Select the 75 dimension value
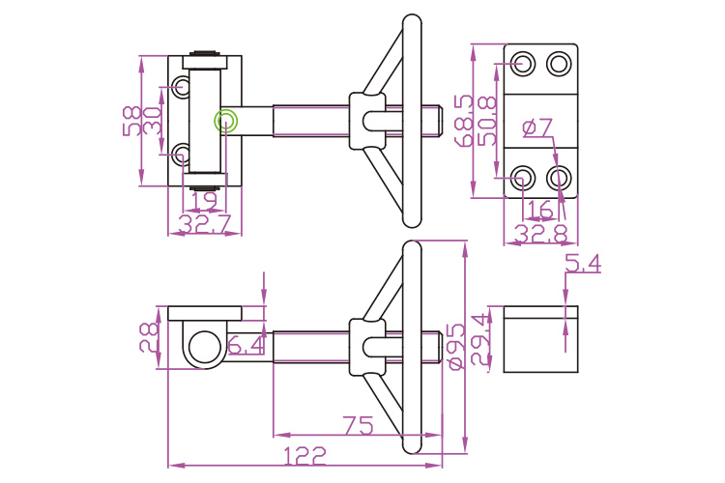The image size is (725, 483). pos(359,425)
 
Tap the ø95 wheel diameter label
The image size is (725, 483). pos(455,346)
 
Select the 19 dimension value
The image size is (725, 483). pos(203,201)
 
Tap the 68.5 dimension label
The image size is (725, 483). pos(463,121)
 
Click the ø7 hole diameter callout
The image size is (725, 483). pos(536,127)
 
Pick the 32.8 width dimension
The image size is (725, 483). pos(540,233)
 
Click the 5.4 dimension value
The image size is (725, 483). pos(582,263)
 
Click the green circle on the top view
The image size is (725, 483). pos(226,120)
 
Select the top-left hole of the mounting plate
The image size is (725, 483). pos(523,64)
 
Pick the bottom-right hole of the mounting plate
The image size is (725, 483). pos(559,178)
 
